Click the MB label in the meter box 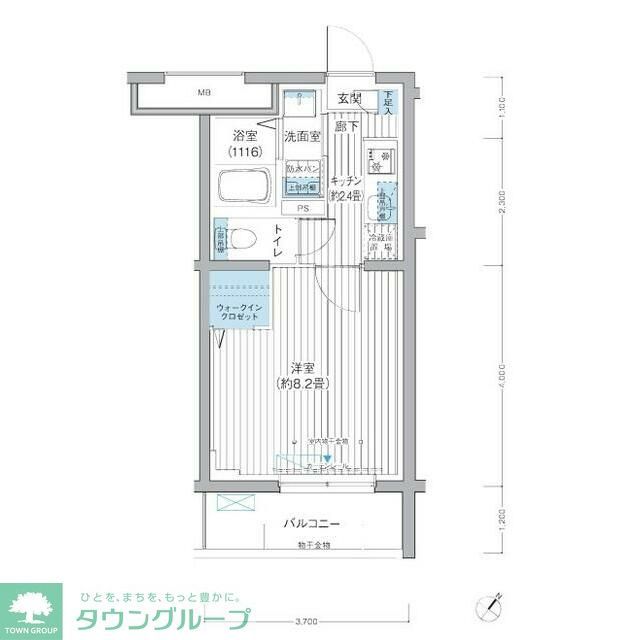[x=204, y=93]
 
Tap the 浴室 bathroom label [x=244, y=136]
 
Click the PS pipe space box [x=302, y=209]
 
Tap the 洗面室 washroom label [x=301, y=136]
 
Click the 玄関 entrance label [x=349, y=98]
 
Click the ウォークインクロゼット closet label [x=237, y=311]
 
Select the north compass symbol [x=489, y=605]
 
